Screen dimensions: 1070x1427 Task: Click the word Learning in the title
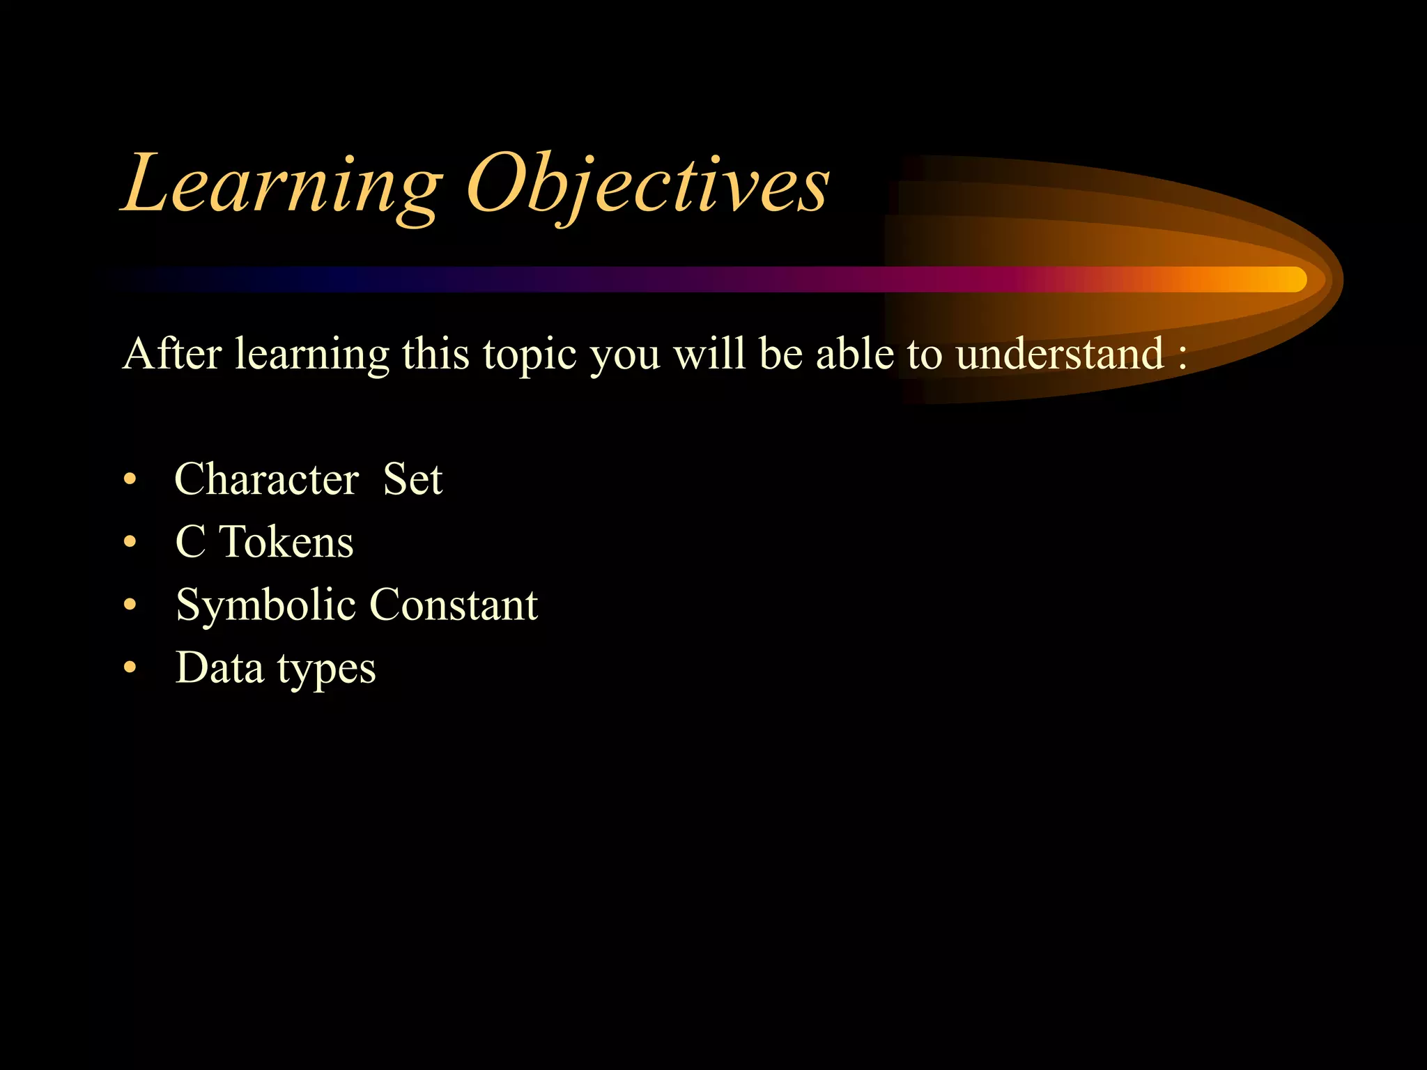point(282,185)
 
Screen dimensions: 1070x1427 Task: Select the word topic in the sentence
point(530,355)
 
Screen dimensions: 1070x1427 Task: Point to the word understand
point(1059,353)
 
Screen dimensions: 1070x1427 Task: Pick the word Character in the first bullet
point(266,479)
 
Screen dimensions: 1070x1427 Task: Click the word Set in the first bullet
point(412,479)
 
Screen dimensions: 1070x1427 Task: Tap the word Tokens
point(286,542)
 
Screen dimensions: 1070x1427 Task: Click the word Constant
point(453,604)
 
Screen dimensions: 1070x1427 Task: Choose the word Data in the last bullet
point(219,667)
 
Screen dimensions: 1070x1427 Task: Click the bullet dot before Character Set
point(130,481)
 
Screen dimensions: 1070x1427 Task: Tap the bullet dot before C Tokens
point(130,543)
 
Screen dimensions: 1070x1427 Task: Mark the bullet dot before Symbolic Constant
point(130,605)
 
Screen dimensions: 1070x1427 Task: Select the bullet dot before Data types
point(130,668)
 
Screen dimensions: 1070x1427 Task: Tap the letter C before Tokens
point(190,542)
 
